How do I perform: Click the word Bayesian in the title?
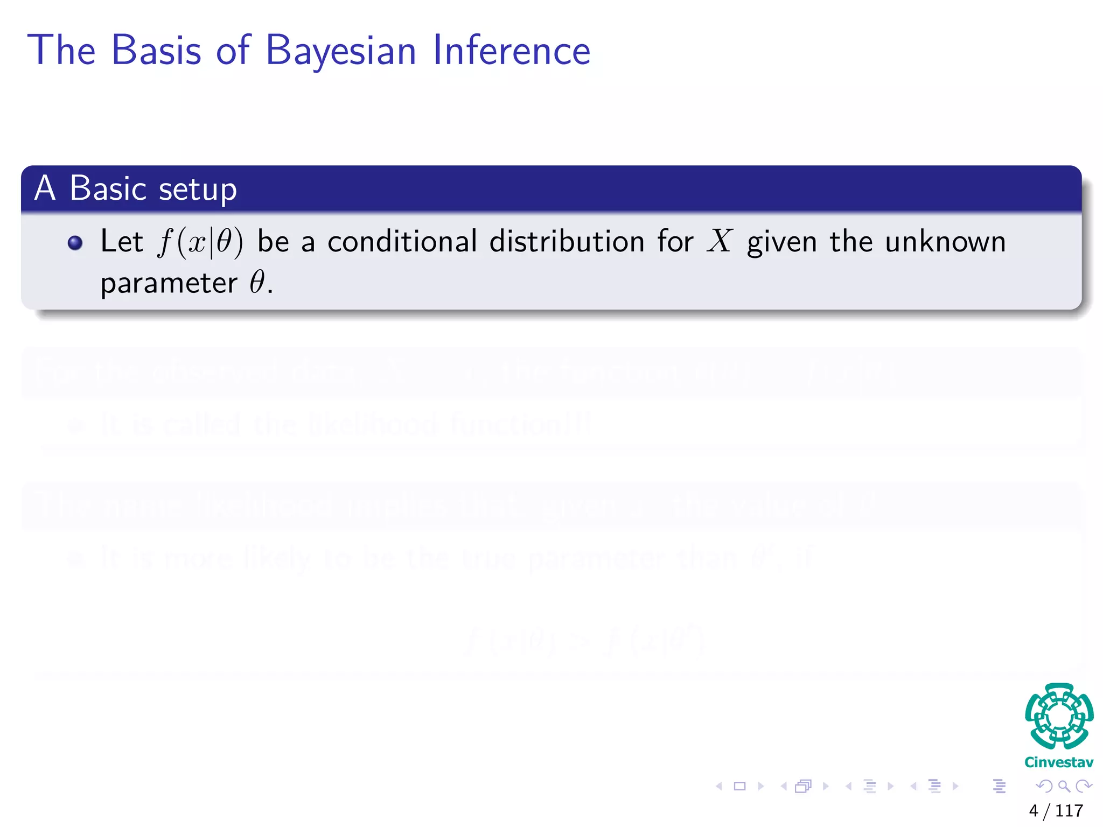click(x=341, y=51)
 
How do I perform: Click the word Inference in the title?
click(x=511, y=51)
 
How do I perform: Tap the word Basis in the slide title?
click(x=156, y=51)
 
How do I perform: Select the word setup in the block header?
click(x=198, y=190)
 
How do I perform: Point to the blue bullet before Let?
click(x=75, y=243)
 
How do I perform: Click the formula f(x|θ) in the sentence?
click(x=200, y=242)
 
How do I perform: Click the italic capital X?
click(x=720, y=241)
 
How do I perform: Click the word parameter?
click(x=169, y=283)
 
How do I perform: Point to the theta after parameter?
click(x=257, y=282)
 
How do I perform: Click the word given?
click(x=781, y=242)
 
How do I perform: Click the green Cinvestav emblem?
click(x=1059, y=716)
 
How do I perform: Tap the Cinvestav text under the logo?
click(x=1058, y=762)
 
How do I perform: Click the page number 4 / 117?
click(x=1056, y=810)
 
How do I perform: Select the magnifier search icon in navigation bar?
click(x=1064, y=786)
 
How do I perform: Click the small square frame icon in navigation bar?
click(x=740, y=786)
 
